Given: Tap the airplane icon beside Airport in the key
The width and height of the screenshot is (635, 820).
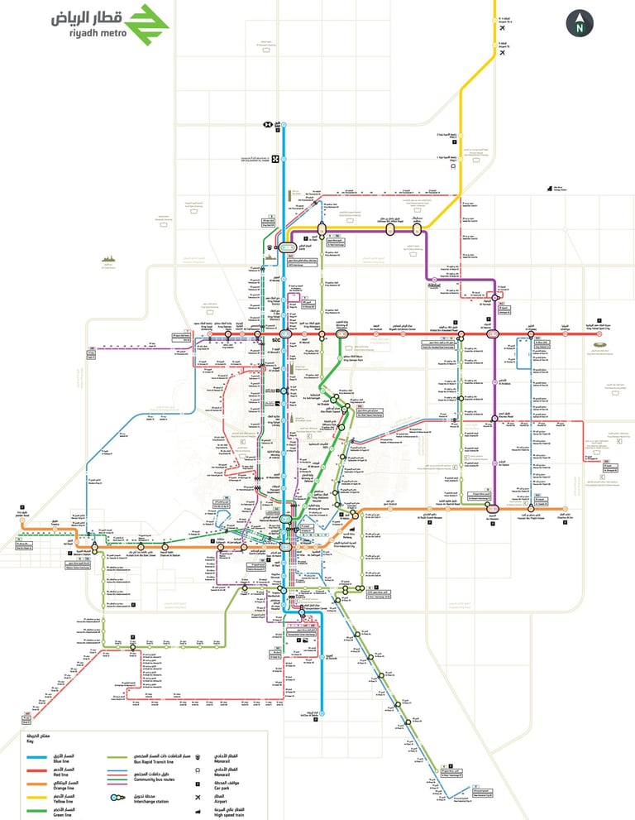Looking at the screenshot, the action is [x=195, y=798].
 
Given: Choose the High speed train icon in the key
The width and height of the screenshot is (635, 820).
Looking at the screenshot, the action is [x=195, y=811].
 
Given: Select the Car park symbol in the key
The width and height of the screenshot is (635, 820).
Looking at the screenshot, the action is [x=195, y=784].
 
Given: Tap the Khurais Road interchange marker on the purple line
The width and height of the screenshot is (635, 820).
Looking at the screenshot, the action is [x=495, y=419].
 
